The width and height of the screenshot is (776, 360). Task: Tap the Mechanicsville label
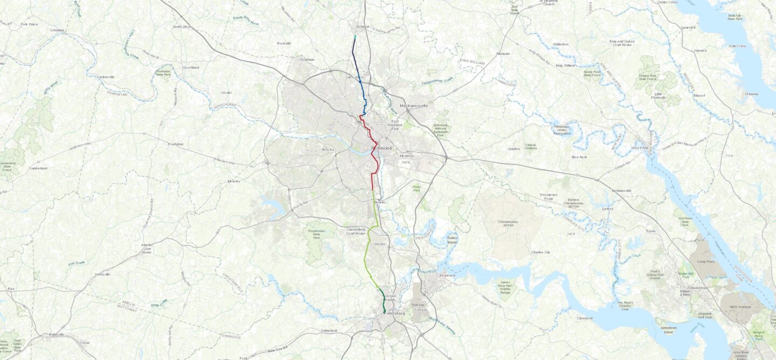coord(413,106)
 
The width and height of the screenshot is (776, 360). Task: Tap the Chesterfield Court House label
coord(356,231)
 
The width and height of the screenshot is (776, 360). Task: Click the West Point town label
coord(639,148)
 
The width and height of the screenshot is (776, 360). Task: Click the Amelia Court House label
coord(147,248)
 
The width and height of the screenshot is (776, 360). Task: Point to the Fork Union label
coord(29,24)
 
